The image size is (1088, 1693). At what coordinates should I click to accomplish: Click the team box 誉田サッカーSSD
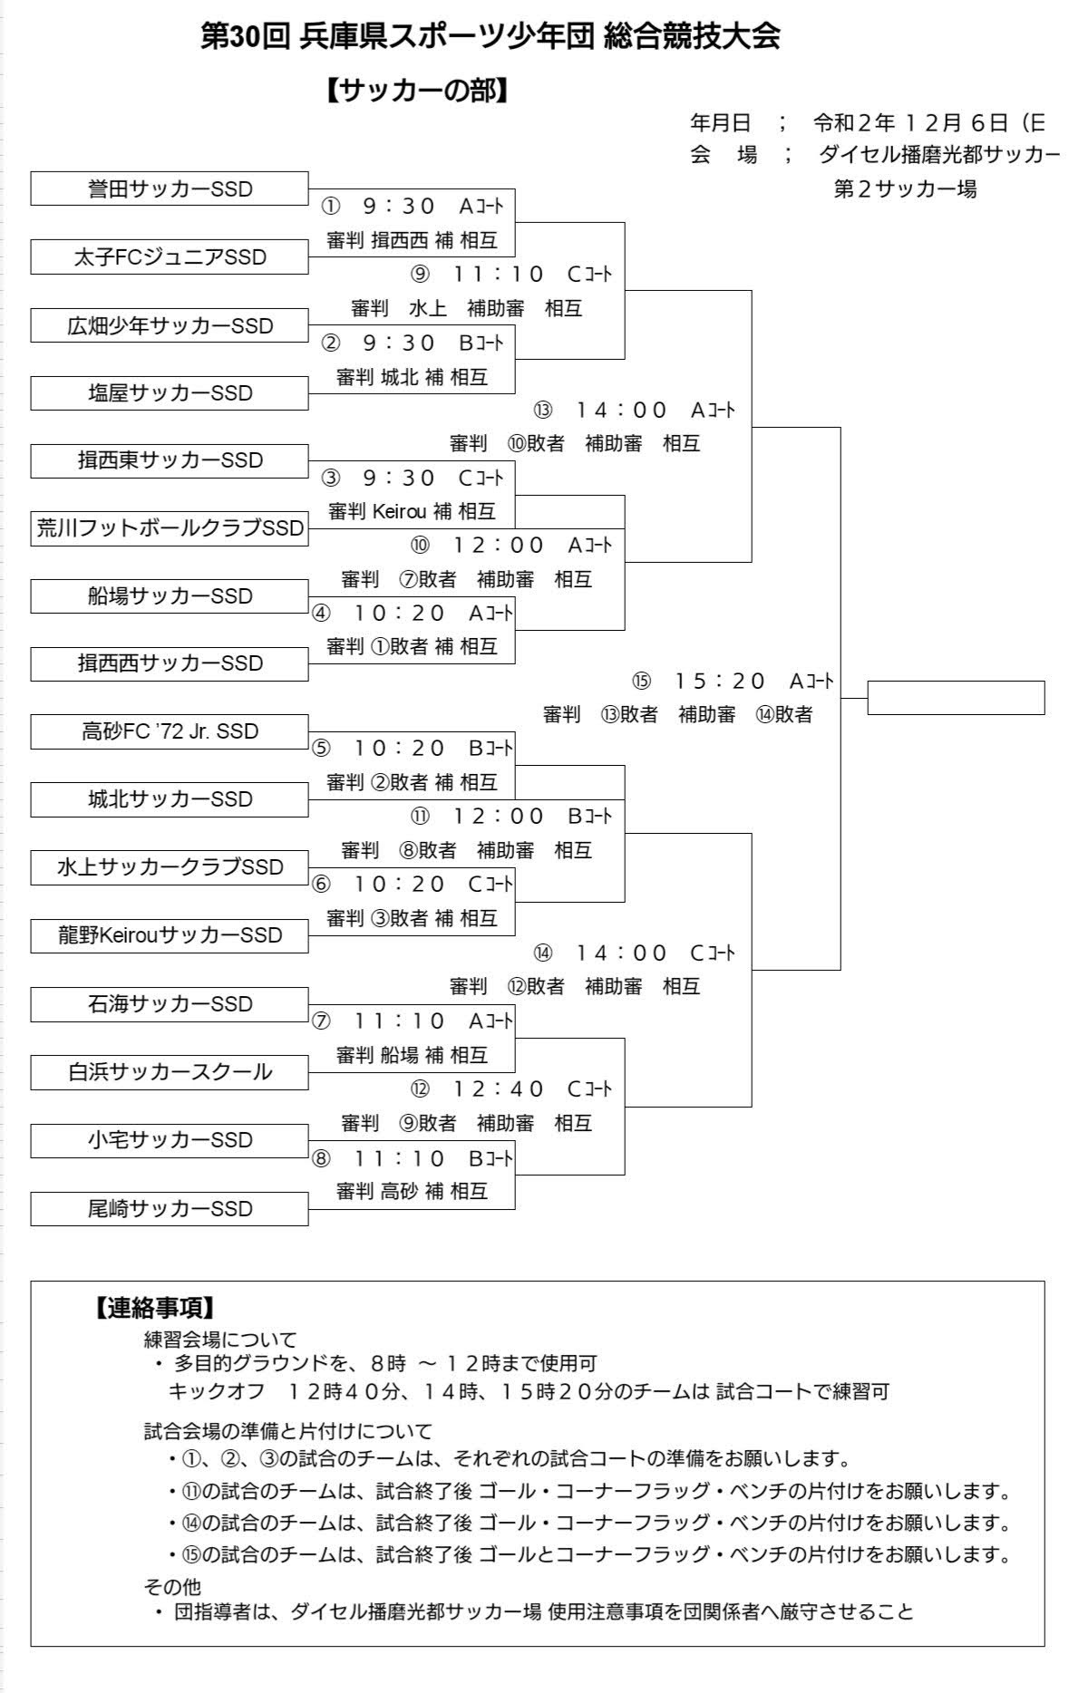[x=170, y=189]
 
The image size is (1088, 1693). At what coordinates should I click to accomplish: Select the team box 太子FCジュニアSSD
[x=170, y=256]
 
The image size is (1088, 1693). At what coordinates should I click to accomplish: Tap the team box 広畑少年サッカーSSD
[x=170, y=325]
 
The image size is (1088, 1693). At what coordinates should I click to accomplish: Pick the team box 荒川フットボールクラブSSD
[x=170, y=528]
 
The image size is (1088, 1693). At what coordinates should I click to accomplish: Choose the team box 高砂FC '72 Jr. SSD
[x=170, y=731]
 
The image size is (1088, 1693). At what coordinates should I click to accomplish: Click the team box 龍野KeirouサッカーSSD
[x=170, y=935]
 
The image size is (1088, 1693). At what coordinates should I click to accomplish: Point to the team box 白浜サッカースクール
[x=170, y=1071]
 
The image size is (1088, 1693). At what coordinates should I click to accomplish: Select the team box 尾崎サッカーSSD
[x=170, y=1208]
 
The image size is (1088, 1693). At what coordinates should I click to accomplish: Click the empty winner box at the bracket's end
[x=956, y=698]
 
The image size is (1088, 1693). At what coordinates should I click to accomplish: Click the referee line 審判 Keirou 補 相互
[x=413, y=512]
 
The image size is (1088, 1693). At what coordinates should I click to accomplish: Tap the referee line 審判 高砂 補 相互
[x=413, y=1192]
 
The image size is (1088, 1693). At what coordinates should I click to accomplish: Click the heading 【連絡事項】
[x=153, y=1309]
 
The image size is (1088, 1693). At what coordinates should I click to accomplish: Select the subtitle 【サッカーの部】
[x=415, y=91]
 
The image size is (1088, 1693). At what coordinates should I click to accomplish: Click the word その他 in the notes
[x=172, y=1587]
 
